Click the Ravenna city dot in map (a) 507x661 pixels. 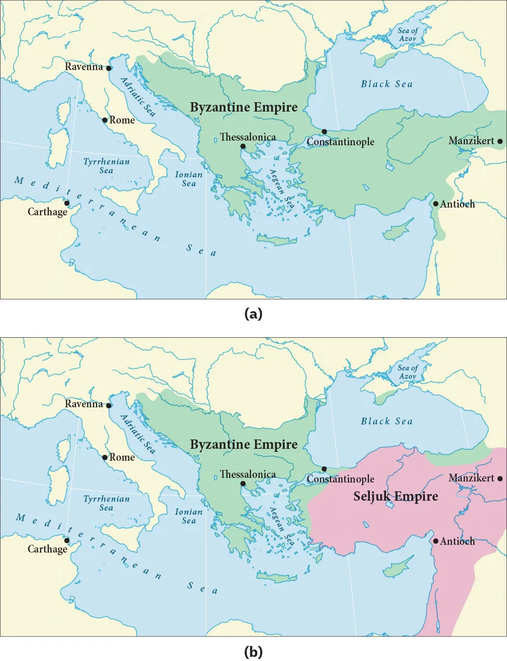point(109,68)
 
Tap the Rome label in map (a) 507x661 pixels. point(122,120)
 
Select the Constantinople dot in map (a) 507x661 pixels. point(324,132)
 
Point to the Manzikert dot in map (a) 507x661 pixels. point(500,141)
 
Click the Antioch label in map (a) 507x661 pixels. point(457,204)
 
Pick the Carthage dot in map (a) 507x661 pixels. point(67,203)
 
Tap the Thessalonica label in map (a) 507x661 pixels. point(248,137)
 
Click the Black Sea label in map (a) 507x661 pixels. point(386,84)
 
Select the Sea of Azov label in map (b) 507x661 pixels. point(408,371)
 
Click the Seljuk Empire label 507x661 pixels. point(395,497)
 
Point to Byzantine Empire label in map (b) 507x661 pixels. point(244,445)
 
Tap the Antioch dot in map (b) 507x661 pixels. point(436,541)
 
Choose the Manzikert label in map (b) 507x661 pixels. point(471,478)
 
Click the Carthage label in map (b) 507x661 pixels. point(47,549)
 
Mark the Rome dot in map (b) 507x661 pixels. point(105,457)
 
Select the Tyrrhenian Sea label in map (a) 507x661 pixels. point(106,166)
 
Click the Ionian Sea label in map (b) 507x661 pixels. point(189,516)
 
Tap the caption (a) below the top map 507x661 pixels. point(253,313)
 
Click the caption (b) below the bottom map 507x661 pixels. point(253,651)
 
